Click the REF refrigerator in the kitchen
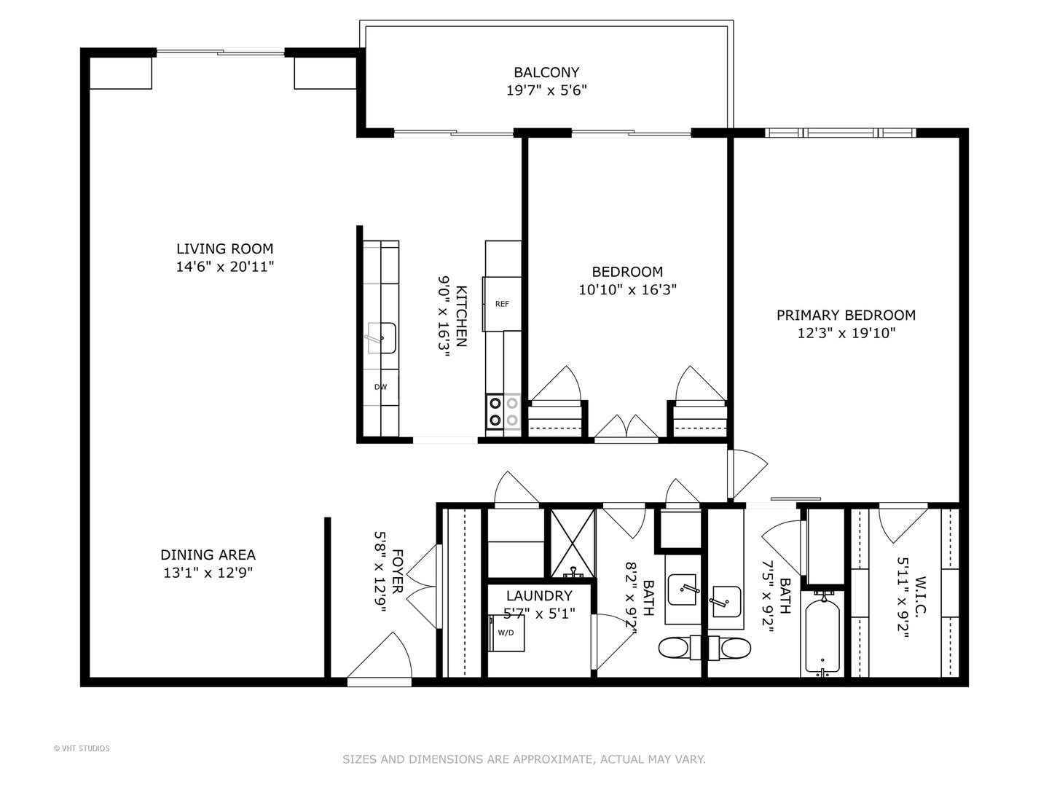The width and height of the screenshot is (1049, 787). [502, 303]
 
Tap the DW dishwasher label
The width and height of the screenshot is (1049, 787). [380, 387]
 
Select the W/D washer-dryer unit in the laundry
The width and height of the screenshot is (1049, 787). [506, 632]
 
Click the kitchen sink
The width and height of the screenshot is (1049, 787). [381, 338]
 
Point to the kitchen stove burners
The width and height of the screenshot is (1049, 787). [503, 411]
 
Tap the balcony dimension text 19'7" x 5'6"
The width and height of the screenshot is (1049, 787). [546, 90]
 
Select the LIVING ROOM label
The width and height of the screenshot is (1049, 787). [224, 248]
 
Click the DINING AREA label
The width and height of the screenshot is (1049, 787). [208, 555]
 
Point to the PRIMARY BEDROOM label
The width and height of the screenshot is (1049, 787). [845, 315]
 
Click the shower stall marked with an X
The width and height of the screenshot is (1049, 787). [572, 543]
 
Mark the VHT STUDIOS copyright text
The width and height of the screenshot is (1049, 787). [82, 748]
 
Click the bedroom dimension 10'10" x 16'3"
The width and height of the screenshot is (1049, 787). [627, 290]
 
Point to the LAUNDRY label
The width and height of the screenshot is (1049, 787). [539, 595]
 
